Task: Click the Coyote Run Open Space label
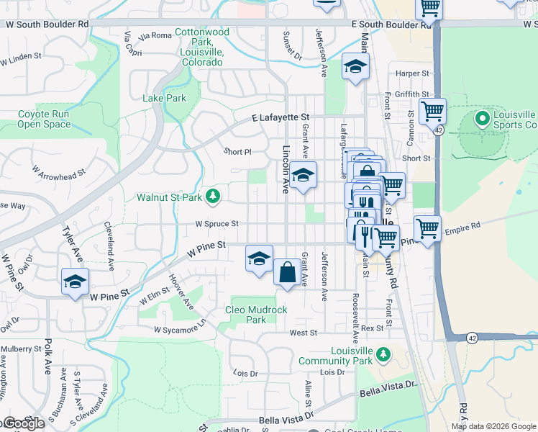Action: pyautogui.click(x=44, y=119)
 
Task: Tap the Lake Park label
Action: pyautogui.click(x=164, y=98)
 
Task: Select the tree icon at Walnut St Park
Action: pyautogui.click(x=213, y=196)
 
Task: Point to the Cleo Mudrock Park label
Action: pyautogui.click(x=256, y=315)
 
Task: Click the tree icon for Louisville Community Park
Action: pyautogui.click(x=383, y=354)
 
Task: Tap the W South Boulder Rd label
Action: pyautogui.click(x=47, y=24)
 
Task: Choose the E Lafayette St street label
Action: pyautogui.click(x=280, y=117)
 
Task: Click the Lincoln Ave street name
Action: pyautogui.click(x=286, y=170)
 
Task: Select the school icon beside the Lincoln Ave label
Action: pyautogui.click(x=304, y=175)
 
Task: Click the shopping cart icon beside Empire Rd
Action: pyautogui.click(x=428, y=230)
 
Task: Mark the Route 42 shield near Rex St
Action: pyautogui.click(x=471, y=337)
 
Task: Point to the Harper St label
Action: pyautogui.click(x=411, y=73)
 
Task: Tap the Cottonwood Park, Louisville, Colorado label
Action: pyautogui.click(x=202, y=47)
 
